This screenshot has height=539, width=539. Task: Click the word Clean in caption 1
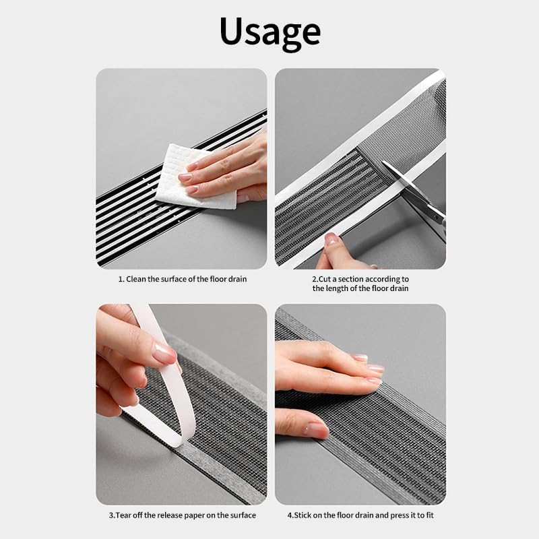point(136,279)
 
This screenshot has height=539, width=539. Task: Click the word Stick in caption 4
point(303,515)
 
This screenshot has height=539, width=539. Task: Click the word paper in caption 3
point(194,515)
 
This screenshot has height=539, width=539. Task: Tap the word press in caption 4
point(399,515)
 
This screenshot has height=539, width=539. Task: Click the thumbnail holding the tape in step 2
point(331,239)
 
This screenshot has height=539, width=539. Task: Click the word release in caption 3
point(170,515)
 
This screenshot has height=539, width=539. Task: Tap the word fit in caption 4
point(430,515)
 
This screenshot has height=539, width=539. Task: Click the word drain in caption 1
point(238,279)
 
